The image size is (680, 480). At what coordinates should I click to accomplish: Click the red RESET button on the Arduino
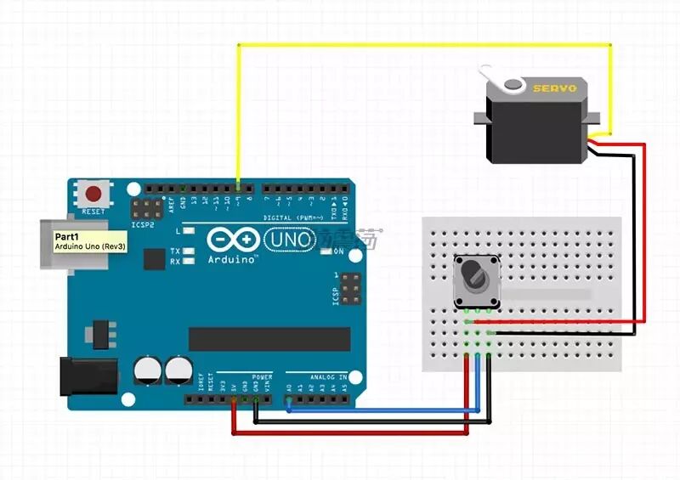(x=93, y=193)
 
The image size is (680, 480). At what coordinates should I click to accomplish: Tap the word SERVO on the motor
(x=554, y=88)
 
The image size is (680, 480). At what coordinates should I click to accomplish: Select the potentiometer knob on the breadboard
(x=473, y=275)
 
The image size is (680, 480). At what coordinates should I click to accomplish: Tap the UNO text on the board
(x=290, y=241)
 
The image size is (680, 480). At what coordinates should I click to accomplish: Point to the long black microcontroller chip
(x=269, y=339)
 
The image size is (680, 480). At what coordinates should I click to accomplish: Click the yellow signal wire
(x=425, y=44)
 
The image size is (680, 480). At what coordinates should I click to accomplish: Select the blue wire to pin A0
(x=382, y=410)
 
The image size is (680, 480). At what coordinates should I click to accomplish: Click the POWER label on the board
(x=262, y=376)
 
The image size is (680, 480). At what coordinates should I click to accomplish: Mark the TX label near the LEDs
(x=174, y=251)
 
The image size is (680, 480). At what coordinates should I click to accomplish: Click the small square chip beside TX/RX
(x=154, y=258)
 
